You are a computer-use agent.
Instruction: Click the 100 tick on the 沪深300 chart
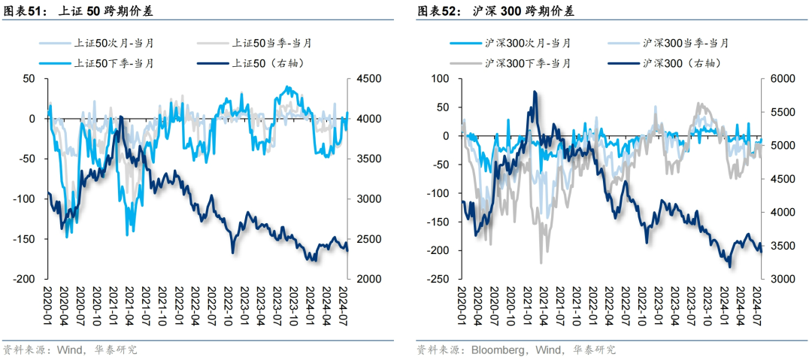coord(441,79)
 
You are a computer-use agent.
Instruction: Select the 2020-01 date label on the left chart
coord(47,301)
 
